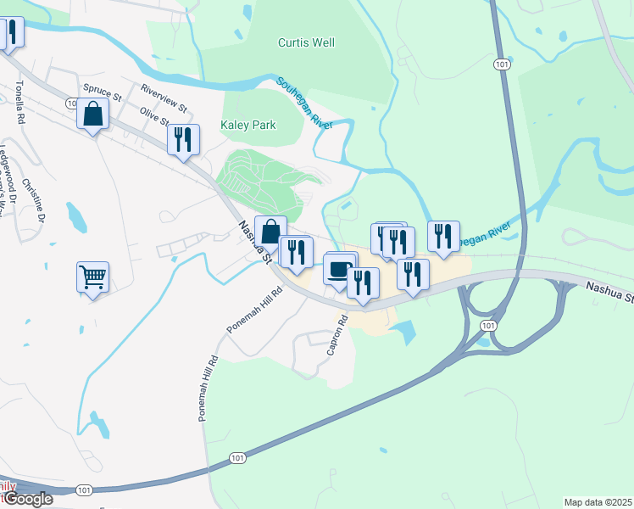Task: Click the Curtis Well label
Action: tap(306, 42)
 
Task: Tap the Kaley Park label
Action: tap(248, 125)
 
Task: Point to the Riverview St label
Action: tap(164, 98)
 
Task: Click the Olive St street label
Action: tap(154, 116)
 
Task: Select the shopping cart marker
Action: tap(92, 276)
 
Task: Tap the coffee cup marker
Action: tap(339, 270)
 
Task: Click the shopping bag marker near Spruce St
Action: tap(92, 114)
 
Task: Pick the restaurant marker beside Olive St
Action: tap(183, 139)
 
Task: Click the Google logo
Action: tap(27, 499)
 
